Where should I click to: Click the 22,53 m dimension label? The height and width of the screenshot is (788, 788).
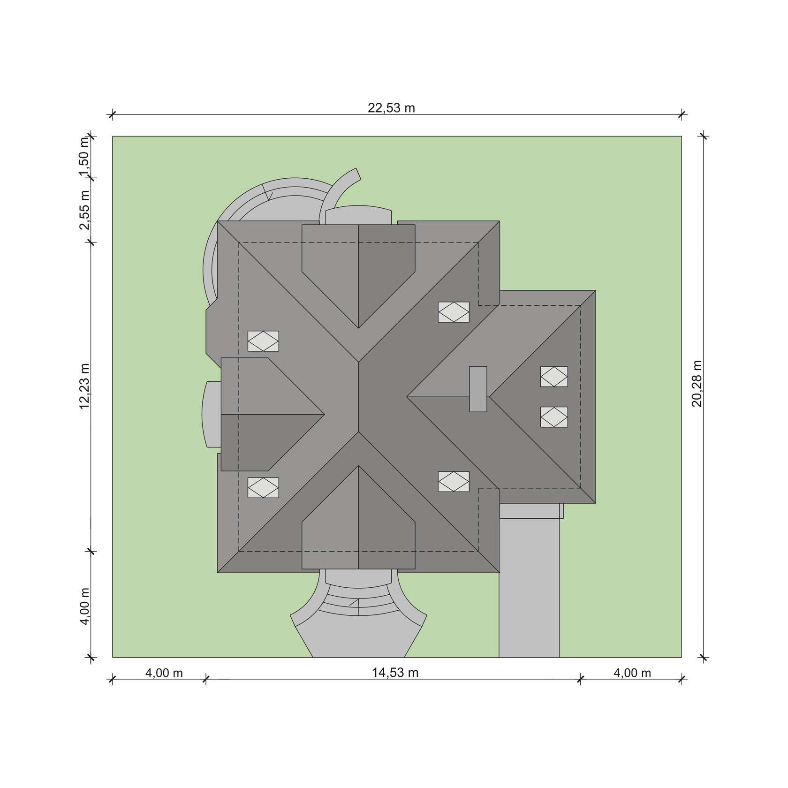(391, 108)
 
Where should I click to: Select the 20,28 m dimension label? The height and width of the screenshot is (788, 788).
(697, 383)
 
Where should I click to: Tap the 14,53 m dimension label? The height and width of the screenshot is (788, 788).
(395, 673)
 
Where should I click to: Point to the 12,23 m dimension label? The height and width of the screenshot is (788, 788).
(84, 386)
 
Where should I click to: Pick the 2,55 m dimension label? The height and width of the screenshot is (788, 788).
(84, 210)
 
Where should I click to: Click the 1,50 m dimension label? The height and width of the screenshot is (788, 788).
(84, 157)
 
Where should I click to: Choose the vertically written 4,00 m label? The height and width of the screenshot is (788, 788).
(84, 606)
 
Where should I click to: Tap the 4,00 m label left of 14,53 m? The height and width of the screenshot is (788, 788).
(164, 673)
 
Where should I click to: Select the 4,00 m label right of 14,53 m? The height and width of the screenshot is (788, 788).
(632, 673)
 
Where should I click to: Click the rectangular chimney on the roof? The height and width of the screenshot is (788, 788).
(478, 389)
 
